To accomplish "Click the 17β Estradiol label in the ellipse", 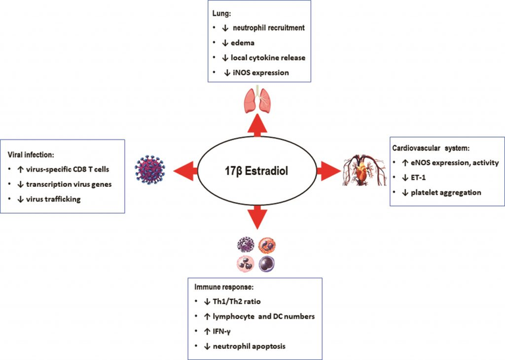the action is click(x=256, y=170).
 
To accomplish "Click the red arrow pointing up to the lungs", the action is click(x=257, y=125).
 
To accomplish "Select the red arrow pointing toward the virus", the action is click(x=185, y=170).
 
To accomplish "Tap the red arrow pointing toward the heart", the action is click(x=329, y=170).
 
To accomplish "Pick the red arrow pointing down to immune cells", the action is click(x=257, y=218).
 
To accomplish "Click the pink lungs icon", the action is click(x=258, y=99).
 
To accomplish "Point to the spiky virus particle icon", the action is click(x=150, y=170).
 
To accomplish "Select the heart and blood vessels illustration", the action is click(x=364, y=170).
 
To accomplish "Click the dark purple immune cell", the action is click(x=267, y=263).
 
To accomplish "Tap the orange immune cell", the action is click(x=267, y=245).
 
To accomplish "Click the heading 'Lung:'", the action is click(x=222, y=14).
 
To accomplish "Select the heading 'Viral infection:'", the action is click(x=31, y=155).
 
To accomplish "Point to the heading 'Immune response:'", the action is click(x=224, y=287).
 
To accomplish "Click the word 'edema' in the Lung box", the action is click(x=243, y=43).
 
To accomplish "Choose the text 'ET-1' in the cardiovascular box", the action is click(x=418, y=178).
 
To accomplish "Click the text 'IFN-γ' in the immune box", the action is click(x=222, y=331).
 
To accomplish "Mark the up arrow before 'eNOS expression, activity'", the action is click(x=405, y=163).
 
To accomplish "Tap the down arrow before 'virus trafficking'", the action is click(x=20, y=199).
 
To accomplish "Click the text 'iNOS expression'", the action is click(x=261, y=73).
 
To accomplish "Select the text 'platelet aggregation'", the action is click(x=446, y=193).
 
